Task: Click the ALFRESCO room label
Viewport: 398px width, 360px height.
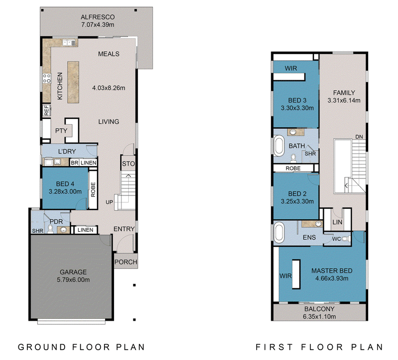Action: [x=98, y=17]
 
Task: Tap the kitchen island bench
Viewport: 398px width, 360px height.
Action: [x=73, y=82]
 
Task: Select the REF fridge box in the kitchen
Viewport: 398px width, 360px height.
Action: [x=46, y=110]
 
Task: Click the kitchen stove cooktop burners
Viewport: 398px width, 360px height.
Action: [x=47, y=78]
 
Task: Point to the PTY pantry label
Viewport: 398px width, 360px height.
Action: [x=61, y=131]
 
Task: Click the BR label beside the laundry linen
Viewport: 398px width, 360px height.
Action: [x=74, y=163]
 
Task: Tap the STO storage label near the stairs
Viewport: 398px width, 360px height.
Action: [x=128, y=164]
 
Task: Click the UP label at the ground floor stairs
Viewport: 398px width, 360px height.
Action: [x=109, y=202]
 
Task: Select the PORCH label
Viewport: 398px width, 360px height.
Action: [x=126, y=262]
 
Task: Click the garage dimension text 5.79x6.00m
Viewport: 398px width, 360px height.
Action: [x=73, y=280]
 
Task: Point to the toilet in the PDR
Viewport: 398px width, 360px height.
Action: [x=50, y=229]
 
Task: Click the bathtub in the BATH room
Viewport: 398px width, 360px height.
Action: [x=279, y=146]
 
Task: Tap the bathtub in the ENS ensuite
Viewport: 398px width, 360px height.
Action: [x=279, y=232]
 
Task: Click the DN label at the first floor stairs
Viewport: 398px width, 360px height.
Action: [x=359, y=137]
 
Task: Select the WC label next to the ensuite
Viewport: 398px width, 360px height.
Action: [x=337, y=239]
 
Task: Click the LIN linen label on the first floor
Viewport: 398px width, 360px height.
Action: [x=337, y=222]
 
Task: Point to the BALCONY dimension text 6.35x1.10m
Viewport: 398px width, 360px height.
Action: [x=319, y=317]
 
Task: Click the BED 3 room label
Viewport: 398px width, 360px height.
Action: [x=297, y=100]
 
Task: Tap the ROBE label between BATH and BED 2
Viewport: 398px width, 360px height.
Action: [x=293, y=168]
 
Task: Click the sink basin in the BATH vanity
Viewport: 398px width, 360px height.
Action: [x=293, y=132]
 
